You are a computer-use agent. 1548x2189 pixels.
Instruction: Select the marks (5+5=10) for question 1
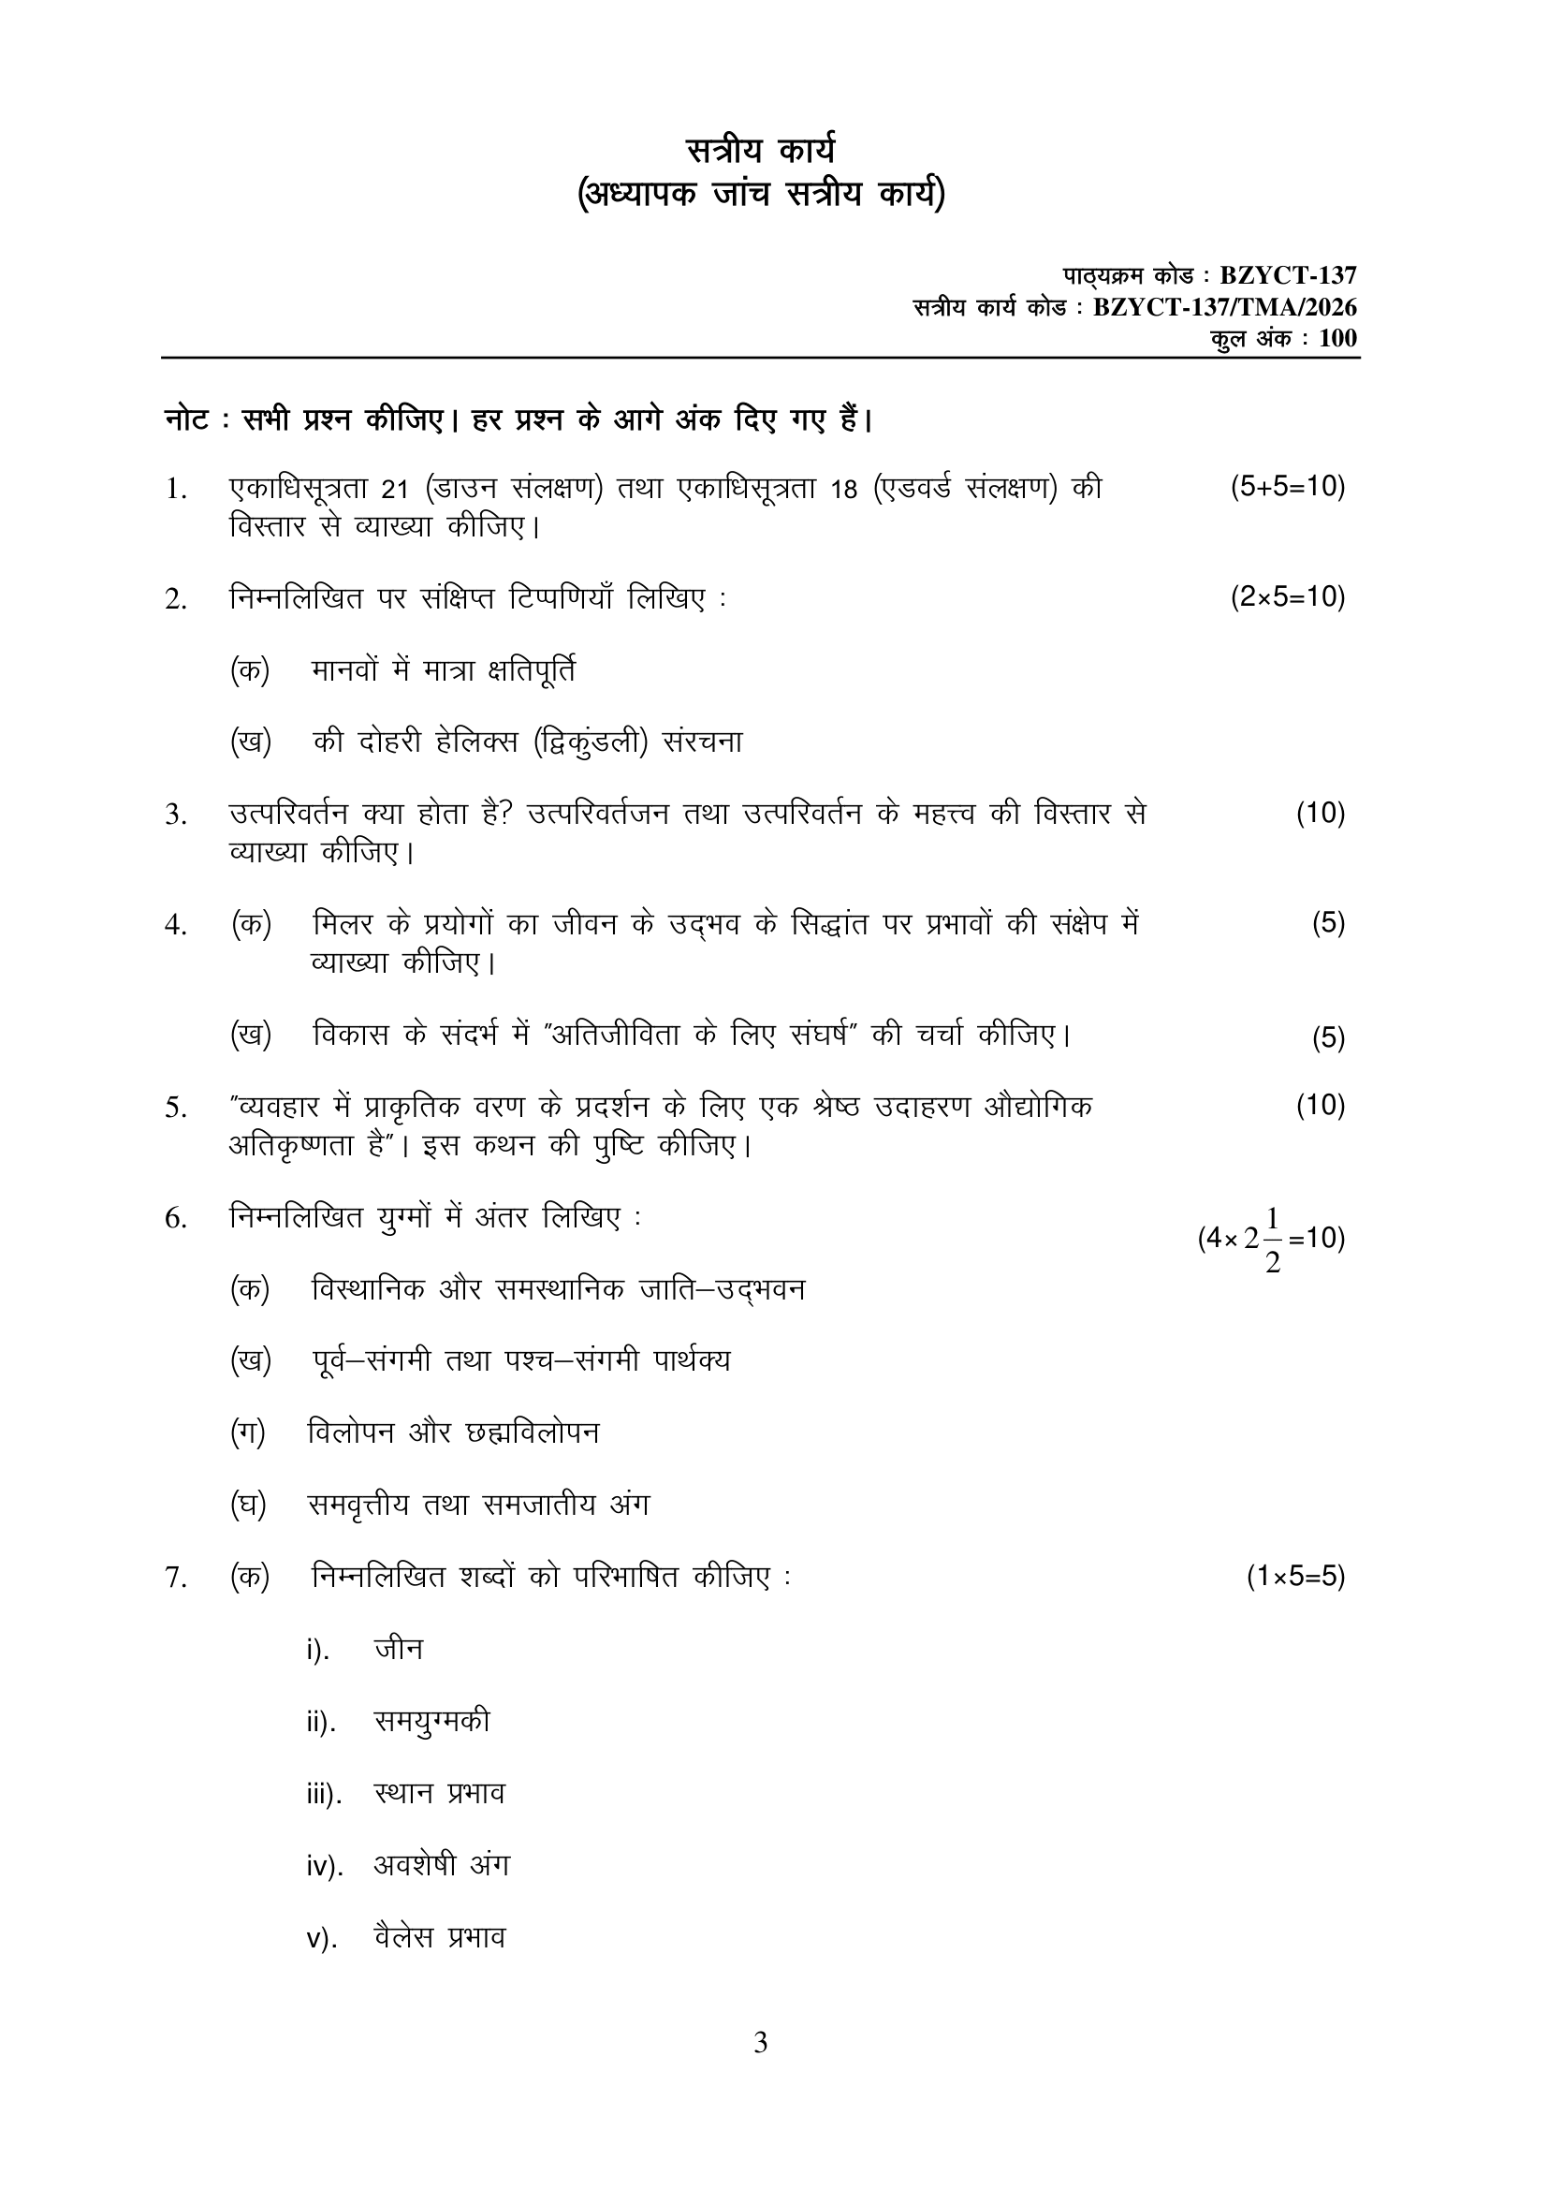pos(1287,487)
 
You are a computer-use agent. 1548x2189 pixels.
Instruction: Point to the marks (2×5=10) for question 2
pos(1287,597)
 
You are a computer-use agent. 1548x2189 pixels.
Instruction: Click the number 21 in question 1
pos(395,489)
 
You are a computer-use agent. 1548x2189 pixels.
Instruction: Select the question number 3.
pos(174,815)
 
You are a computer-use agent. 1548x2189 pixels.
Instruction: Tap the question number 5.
pos(174,1108)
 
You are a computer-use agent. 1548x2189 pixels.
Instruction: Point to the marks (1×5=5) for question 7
pos(1295,1577)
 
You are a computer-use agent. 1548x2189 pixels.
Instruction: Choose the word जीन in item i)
pos(399,1649)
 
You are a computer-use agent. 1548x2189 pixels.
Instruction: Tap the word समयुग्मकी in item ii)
pos(431,1721)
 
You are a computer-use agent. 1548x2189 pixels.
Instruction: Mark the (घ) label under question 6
pos(248,1505)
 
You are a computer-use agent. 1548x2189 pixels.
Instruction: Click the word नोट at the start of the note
pos(187,419)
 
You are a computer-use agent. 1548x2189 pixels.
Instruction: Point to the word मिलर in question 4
pos(343,924)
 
